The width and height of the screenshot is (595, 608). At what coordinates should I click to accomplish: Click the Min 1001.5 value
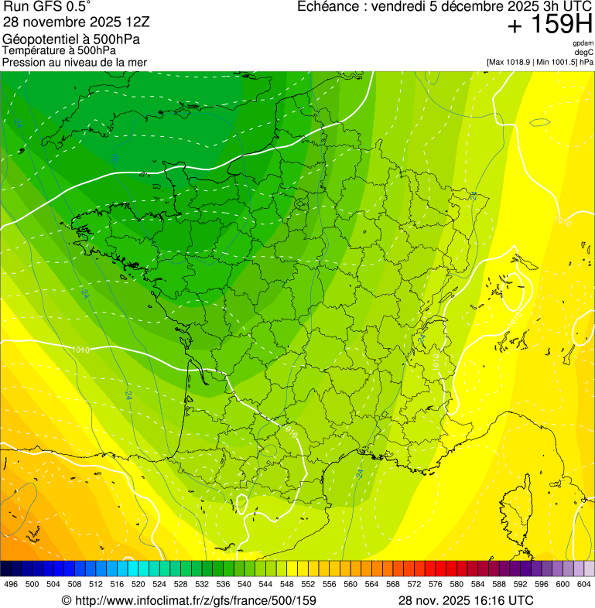(558, 61)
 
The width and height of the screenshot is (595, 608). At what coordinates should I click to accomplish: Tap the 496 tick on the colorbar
(11, 584)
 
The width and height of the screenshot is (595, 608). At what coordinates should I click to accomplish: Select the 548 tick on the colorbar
(287, 584)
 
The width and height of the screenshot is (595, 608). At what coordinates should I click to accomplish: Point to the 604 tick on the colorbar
(584, 584)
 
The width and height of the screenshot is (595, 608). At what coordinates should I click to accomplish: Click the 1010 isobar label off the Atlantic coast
(80, 350)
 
